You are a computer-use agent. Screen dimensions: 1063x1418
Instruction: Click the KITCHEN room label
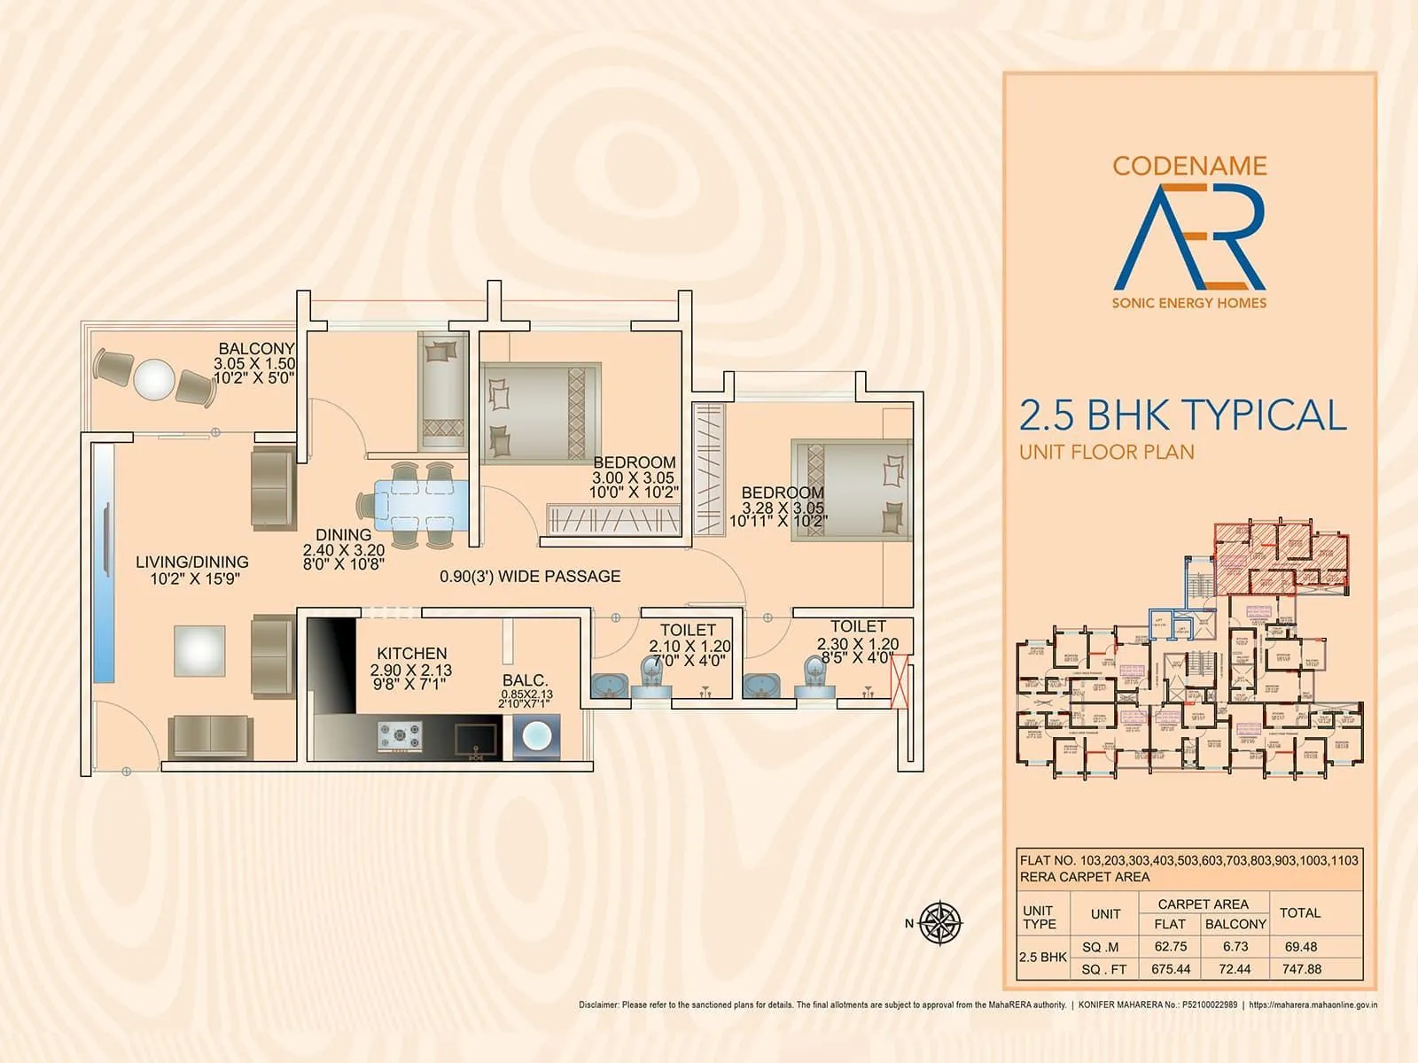412,653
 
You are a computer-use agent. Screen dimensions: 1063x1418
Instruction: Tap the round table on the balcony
154,379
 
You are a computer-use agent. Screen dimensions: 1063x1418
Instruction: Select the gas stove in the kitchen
401,736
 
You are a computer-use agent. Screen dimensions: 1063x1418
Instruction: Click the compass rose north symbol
940,923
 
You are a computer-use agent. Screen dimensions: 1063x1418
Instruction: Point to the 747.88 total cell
1301,969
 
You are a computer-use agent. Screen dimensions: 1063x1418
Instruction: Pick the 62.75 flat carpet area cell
1170,946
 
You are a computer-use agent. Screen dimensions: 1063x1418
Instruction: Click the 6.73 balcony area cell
1235,946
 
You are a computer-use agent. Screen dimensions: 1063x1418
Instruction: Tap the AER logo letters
1188,237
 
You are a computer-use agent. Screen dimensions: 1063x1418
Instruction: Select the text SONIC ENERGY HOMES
1188,303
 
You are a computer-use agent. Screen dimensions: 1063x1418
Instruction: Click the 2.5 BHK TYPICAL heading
1182,415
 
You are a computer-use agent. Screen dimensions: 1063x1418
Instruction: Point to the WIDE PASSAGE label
530,577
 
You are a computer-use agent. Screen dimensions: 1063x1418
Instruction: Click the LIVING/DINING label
192,562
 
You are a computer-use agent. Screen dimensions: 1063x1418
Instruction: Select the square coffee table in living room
199,651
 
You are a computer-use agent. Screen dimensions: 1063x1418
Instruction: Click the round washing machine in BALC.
537,737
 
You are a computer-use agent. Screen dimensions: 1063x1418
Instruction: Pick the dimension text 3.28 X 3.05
783,508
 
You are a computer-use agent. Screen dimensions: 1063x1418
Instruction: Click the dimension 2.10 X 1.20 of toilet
690,647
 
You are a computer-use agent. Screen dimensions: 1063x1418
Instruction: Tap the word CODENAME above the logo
1189,166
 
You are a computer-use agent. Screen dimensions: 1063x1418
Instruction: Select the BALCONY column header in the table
1235,924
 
